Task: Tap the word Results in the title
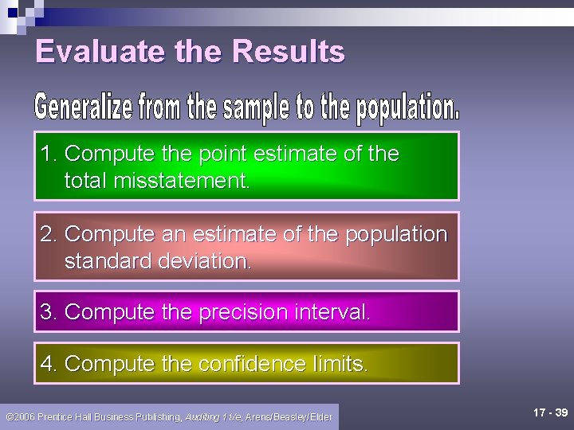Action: (289, 52)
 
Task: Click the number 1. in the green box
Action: (50, 154)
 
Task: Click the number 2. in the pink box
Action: (50, 234)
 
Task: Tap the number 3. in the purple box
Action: (50, 311)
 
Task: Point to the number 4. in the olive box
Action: (50, 364)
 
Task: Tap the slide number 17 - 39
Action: (550, 413)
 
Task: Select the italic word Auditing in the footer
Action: (202, 416)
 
